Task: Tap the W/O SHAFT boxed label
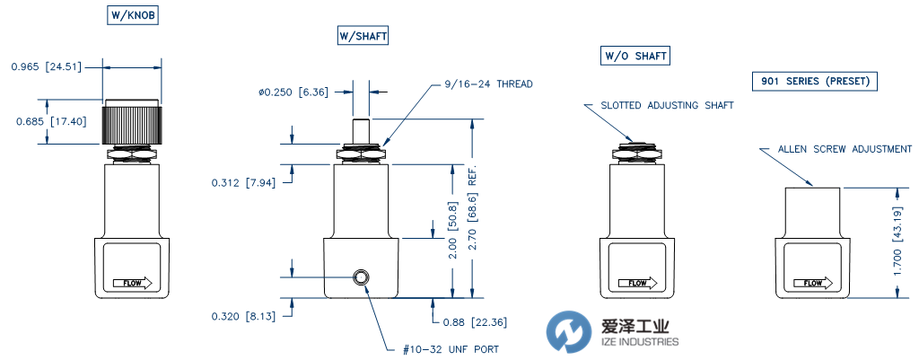pos(635,57)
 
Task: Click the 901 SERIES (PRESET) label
pos(814,82)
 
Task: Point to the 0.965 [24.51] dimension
pos(44,66)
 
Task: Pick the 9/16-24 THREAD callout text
pos(488,83)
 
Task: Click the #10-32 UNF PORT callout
pos(445,349)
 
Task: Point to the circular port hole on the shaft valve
pos(363,277)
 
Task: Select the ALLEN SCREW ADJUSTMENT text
pos(845,149)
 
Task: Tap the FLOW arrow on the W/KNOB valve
pos(133,284)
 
